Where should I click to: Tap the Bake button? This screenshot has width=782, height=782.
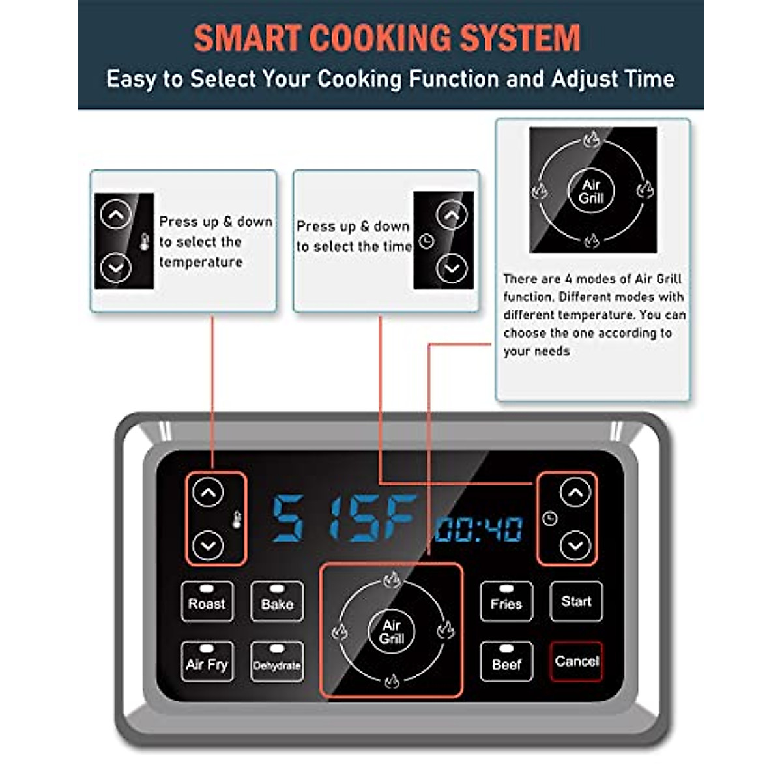(277, 601)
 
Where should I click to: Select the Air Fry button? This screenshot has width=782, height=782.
(207, 662)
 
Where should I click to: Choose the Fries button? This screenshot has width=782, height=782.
(506, 601)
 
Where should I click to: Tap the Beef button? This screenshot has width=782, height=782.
(506, 662)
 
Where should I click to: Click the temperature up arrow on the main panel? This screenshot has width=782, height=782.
(209, 493)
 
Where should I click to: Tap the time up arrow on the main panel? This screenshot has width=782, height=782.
(575, 493)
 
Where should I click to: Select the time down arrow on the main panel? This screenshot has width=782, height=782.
(575, 545)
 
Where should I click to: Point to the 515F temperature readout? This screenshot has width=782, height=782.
(344, 519)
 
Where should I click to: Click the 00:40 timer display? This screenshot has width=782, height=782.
(479, 529)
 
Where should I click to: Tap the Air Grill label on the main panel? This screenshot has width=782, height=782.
(391, 631)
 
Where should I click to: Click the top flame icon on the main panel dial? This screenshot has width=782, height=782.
(391, 579)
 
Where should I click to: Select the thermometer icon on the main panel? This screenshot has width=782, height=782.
(237, 519)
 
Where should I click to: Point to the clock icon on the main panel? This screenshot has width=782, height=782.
(549, 519)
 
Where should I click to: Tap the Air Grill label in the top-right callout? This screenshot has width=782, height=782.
(591, 191)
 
